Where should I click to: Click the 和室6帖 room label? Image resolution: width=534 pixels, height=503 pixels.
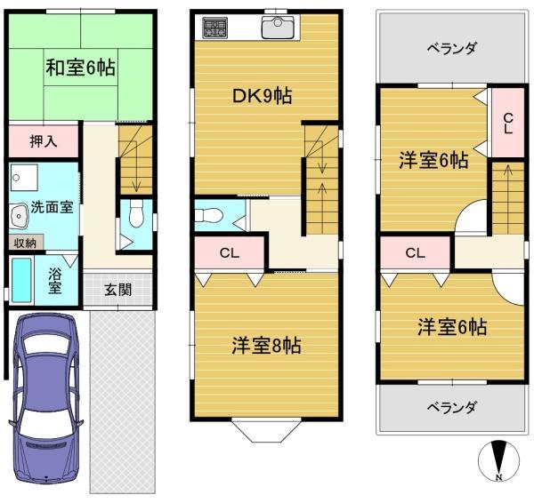pyautogui.click(x=80, y=68)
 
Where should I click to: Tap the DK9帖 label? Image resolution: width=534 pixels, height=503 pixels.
pyautogui.click(x=262, y=96)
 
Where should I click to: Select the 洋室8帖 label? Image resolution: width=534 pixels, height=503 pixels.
pyautogui.click(x=266, y=346)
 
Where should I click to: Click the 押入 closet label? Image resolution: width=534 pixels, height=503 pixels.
pyautogui.click(x=44, y=141)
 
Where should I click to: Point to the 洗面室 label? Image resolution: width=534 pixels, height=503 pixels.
pyautogui.click(x=53, y=207)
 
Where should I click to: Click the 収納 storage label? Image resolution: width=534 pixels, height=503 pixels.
pyautogui.click(x=25, y=243)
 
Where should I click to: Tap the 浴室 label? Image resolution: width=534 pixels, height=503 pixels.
pyautogui.click(x=55, y=281)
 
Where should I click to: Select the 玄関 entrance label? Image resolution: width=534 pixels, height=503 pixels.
pyautogui.click(x=117, y=290)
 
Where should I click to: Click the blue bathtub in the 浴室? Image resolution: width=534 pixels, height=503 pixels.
pyautogui.click(x=21, y=280)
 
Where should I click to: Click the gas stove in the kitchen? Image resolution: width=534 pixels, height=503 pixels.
pyautogui.click(x=214, y=28)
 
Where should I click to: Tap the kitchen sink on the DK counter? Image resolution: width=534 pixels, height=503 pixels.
pyautogui.click(x=277, y=28)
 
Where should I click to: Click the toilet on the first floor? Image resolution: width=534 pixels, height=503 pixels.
pyautogui.click(x=136, y=213)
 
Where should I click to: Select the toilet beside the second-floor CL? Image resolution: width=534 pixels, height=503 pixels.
pyautogui.click(x=208, y=215)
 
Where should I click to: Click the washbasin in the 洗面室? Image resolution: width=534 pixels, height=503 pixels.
pyautogui.click(x=20, y=216)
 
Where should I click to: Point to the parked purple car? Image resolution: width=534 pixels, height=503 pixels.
pyautogui.click(x=46, y=398)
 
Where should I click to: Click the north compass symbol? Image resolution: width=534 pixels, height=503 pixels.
pyautogui.click(x=499, y=461)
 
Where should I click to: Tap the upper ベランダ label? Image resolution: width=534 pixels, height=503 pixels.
pyautogui.click(x=451, y=48)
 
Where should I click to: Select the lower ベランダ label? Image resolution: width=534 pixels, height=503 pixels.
pyautogui.click(x=451, y=407)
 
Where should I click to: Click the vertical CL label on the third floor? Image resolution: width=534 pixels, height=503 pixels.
pyautogui.click(x=508, y=124)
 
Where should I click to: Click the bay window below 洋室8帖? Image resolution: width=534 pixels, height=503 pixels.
pyautogui.click(x=267, y=431)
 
